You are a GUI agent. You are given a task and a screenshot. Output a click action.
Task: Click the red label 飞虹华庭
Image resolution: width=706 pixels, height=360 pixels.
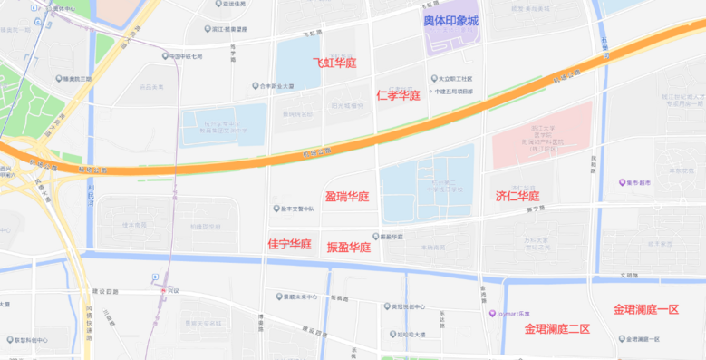tap(334, 63)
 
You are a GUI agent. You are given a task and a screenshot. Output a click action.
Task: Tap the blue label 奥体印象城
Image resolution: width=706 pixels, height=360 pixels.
tap(451, 21)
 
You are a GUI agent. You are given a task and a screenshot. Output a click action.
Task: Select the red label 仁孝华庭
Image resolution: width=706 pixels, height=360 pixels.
tap(398, 95)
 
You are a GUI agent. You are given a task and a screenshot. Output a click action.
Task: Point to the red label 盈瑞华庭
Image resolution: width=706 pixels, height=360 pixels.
tap(347, 197)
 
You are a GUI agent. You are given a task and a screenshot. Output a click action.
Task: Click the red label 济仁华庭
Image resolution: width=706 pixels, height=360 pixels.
tap(517, 196)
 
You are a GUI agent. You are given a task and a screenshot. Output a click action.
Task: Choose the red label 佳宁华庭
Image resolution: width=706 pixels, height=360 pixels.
tap(290, 245)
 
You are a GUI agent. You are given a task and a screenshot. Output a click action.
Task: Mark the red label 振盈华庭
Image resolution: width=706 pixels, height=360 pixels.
tap(349, 247)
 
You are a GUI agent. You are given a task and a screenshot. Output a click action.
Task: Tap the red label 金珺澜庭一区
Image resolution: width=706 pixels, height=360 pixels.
tap(646, 309)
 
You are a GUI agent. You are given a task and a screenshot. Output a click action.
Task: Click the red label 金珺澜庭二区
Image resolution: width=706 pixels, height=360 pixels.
tap(557, 329)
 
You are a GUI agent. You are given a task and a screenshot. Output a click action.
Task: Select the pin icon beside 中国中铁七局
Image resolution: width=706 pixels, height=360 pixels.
tap(164, 56)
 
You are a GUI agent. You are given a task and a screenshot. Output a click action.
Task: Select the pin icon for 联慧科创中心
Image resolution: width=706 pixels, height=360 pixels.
tap(8, 340)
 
